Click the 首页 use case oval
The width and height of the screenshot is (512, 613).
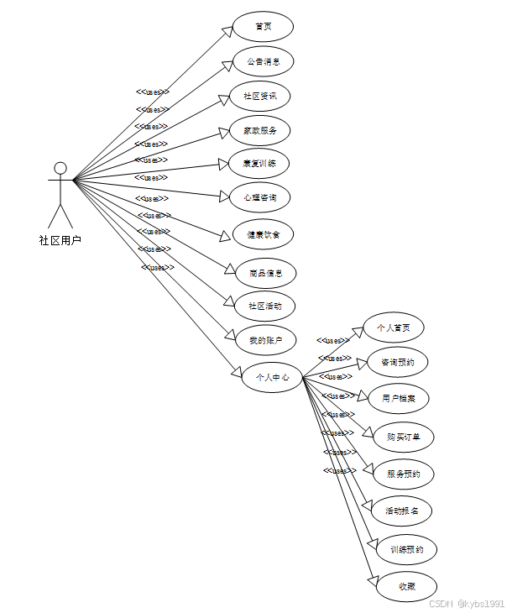click(x=263, y=27)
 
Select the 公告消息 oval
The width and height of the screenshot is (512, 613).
click(x=263, y=61)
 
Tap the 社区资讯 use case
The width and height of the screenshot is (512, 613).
click(x=260, y=97)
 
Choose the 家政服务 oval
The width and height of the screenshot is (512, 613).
click(x=260, y=130)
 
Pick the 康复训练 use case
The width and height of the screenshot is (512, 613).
click(x=259, y=164)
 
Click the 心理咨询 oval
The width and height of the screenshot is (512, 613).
click(x=259, y=197)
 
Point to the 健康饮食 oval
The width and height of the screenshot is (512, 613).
click(x=263, y=234)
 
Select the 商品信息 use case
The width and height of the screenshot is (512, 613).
click(x=265, y=272)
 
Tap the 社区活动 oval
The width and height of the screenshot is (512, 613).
click(x=265, y=306)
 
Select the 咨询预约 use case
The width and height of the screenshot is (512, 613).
click(x=398, y=363)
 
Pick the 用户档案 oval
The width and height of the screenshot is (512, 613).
click(x=399, y=398)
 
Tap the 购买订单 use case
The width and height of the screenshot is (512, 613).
click(x=404, y=437)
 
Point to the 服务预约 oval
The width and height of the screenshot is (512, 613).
click(x=404, y=474)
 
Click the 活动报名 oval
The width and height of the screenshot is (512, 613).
click(x=401, y=511)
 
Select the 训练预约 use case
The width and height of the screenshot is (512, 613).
click(x=406, y=550)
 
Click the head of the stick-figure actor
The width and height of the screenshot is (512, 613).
click(x=60, y=167)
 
